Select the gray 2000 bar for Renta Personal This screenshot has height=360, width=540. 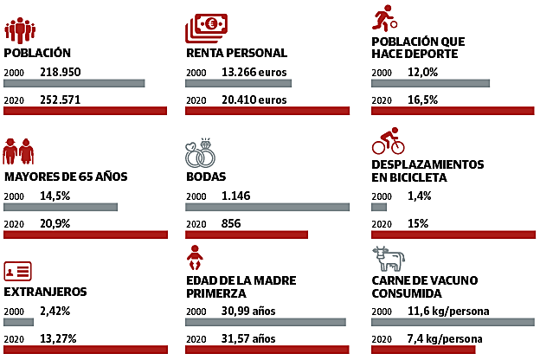239,83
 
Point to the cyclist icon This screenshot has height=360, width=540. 388,140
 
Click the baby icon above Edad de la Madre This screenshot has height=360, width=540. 196,259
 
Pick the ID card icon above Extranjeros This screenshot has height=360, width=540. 18,271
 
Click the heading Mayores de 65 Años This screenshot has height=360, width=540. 66,177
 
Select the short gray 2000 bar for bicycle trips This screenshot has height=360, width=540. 378,208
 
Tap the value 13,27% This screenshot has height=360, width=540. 59,338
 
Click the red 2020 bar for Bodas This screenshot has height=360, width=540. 247,234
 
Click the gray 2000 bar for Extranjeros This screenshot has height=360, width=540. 18,322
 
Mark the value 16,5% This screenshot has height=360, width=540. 422,100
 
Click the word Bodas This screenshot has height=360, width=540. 205,177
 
